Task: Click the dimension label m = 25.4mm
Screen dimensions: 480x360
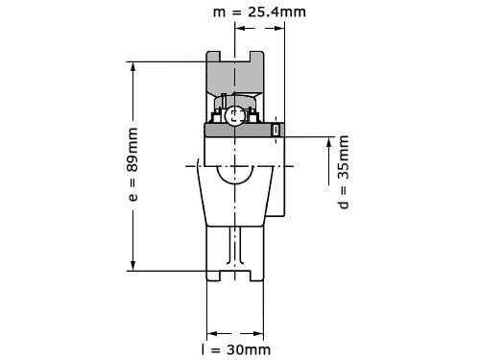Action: pos(259,12)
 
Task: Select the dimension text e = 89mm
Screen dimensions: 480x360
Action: pos(132,164)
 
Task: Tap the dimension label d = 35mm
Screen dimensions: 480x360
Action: pos(344,172)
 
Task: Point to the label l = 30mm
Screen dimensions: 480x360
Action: pos(236,349)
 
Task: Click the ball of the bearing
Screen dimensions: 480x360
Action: pos(234,115)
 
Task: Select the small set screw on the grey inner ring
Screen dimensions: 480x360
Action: pos(276,130)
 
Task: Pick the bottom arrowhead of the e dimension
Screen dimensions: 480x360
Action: pos(132,264)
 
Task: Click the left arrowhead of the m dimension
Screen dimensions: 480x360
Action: pos(242,28)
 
